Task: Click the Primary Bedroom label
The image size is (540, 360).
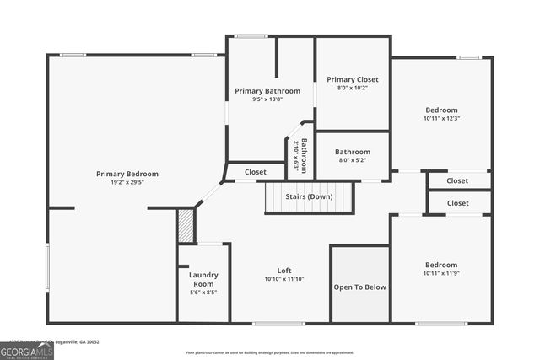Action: pos(127,174)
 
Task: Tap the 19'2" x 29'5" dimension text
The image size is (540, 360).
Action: pos(127,181)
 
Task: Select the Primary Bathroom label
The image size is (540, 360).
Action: pos(267,91)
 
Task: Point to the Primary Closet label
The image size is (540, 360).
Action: pos(353,79)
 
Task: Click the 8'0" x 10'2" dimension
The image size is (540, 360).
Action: pos(353,88)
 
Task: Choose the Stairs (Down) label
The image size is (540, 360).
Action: pos(309,196)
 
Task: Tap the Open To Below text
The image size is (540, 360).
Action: pos(360,287)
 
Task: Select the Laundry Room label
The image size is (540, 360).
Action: pos(203,280)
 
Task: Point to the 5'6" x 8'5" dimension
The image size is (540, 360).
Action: pos(203,293)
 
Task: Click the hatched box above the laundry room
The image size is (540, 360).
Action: pos(186,226)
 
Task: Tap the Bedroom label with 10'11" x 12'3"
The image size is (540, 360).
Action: pos(441,110)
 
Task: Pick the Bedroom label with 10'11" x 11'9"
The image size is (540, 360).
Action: pos(441,265)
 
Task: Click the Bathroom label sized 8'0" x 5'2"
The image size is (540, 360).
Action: pos(353,152)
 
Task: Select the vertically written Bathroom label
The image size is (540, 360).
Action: pos(305,154)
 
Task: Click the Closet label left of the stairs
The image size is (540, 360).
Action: pos(256,172)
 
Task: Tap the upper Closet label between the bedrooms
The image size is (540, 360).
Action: pos(457,180)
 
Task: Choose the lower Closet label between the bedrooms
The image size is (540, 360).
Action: pos(457,203)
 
